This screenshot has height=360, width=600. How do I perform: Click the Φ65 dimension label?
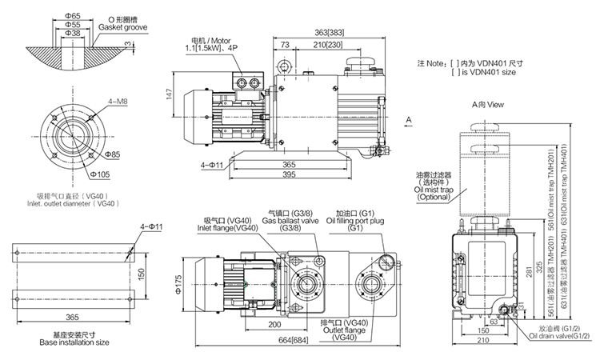pyautogui.click(x=73, y=16)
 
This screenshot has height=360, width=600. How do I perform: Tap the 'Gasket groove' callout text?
pyautogui.click(x=123, y=27)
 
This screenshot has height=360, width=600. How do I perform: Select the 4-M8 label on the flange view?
pyautogui.click(x=118, y=102)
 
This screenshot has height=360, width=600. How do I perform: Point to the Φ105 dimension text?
pyautogui.click(x=101, y=174)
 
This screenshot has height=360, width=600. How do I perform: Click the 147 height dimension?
pyautogui.click(x=170, y=94)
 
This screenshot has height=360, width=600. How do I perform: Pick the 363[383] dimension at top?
pyautogui.click(x=329, y=33)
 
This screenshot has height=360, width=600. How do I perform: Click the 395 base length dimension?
pyautogui.click(x=289, y=174)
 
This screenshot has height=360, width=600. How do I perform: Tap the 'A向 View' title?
pyautogui.click(x=488, y=105)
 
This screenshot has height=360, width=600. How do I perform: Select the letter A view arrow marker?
pyautogui.click(x=409, y=120)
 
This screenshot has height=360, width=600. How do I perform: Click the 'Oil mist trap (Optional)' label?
pyautogui.click(x=434, y=193)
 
